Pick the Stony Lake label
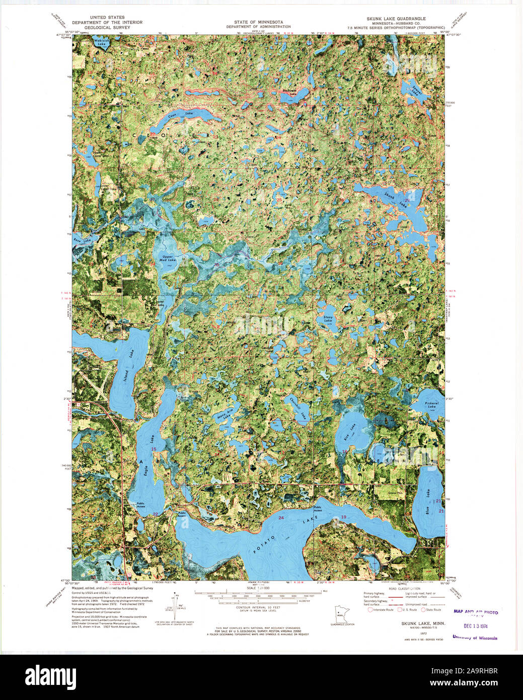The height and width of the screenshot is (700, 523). (x=328, y=319)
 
